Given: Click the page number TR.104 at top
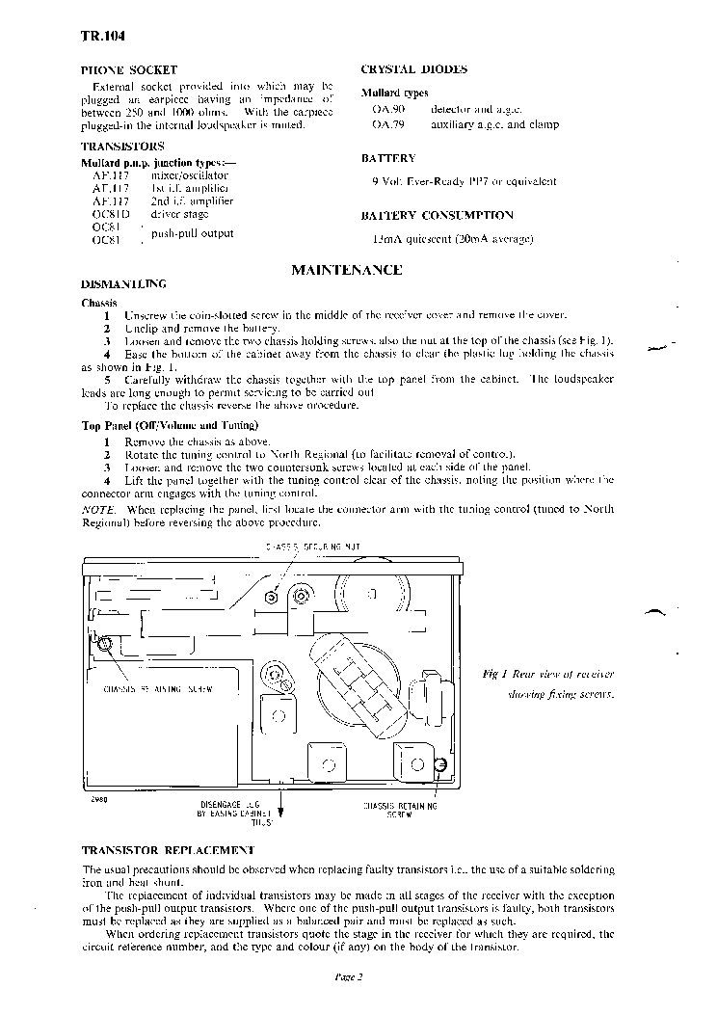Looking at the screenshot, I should (101, 37).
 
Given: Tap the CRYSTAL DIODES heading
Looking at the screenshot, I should (413, 69).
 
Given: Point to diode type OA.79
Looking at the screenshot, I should (385, 124).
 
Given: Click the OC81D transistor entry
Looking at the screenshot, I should (104, 214).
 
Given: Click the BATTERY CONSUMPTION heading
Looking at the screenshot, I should (437, 216).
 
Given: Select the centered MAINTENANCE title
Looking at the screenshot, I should (346, 270).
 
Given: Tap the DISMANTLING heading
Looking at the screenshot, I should (123, 283).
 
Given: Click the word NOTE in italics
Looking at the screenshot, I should (99, 508).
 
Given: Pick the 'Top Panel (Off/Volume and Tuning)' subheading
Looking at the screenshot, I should (169, 425).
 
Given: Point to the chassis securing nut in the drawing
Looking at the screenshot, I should (272, 598).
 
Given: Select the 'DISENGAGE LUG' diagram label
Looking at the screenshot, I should (228, 803).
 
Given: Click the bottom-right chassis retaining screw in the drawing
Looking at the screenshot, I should (440, 764).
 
